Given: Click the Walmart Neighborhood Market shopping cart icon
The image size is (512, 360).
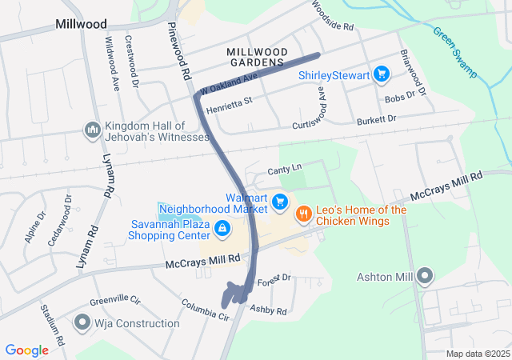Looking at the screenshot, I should (x=279, y=202).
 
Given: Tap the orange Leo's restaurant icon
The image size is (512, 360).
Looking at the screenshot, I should (x=303, y=214).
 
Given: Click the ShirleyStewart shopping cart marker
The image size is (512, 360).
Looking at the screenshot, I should (x=382, y=75).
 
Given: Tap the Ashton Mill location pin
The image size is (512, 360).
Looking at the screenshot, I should (x=425, y=277).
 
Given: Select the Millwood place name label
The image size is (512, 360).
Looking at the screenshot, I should (x=81, y=24).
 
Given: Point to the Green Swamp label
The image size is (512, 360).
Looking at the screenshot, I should (x=455, y=52).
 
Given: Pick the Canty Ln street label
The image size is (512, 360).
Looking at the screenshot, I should (x=284, y=169).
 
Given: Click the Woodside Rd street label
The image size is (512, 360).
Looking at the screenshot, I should (x=332, y=19).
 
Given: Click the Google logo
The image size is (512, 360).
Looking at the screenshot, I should (x=27, y=350).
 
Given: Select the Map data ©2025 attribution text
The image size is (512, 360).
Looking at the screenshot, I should (x=476, y=354).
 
